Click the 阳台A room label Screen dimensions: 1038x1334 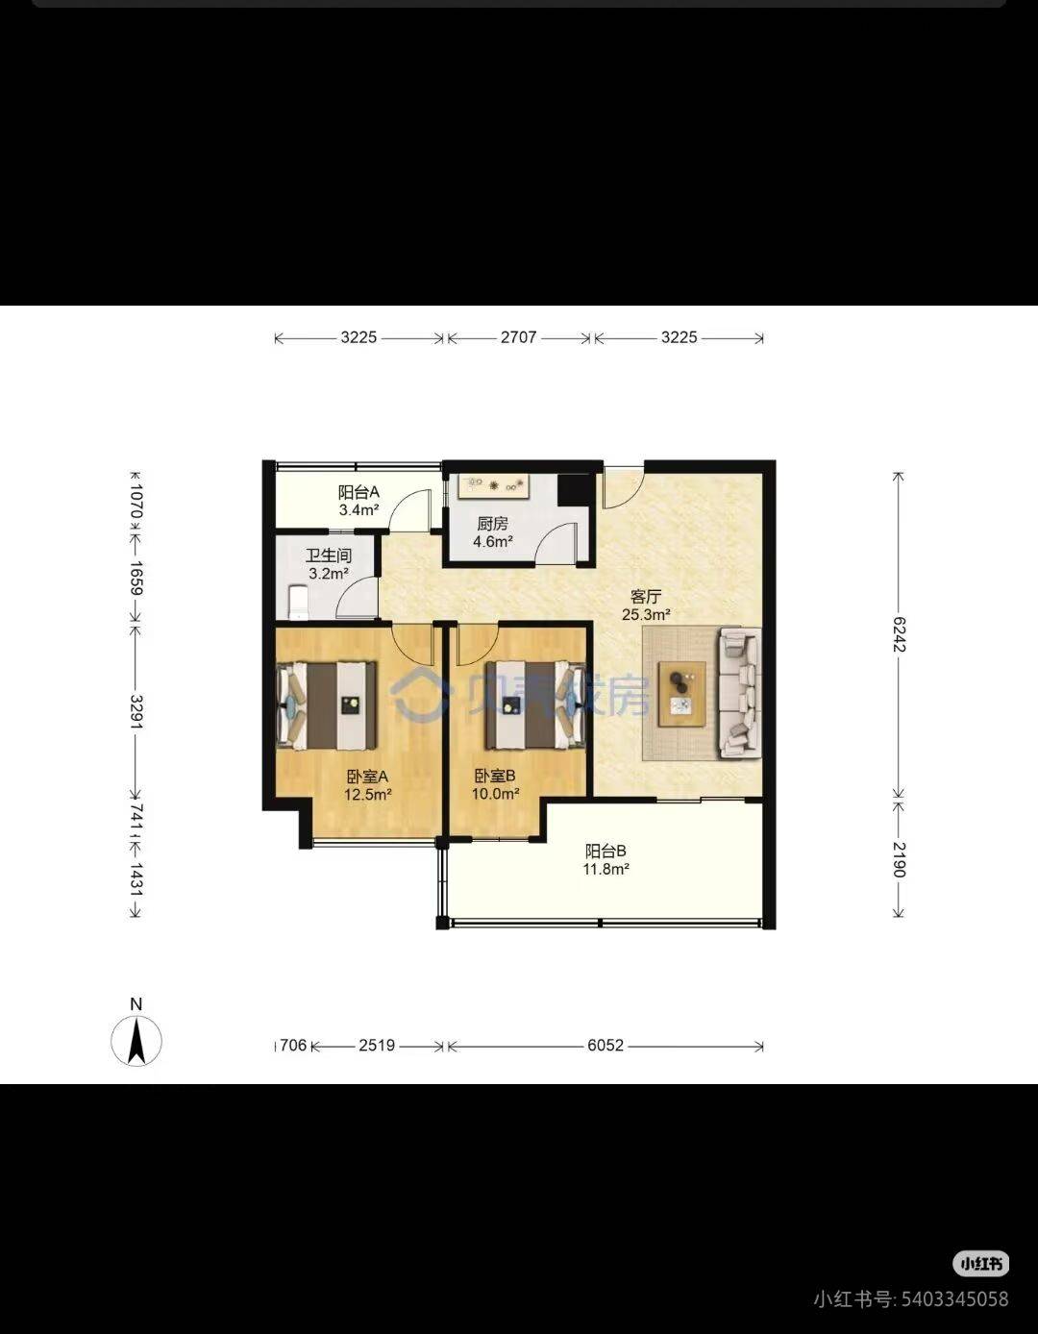(x=359, y=492)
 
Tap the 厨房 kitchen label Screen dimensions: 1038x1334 (x=492, y=524)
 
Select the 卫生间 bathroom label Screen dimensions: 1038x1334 (x=329, y=556)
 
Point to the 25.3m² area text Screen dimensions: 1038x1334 (x=646, y=614)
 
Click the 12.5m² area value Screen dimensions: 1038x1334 (x=368, y=795)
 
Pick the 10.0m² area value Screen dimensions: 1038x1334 (x=495, y=794)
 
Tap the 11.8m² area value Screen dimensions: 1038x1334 (x=605, y=869)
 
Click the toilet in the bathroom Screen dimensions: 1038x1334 (x=298, y=603)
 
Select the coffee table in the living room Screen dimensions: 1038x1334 (x=681, y=694)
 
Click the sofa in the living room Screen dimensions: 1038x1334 (x=740, y=693)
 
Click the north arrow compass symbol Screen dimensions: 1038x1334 (x=136, y=1041)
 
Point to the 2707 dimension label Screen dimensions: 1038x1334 (x=519, y=337)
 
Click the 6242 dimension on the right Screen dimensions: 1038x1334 (x=899, y=634)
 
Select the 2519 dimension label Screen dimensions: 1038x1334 (x=377, y=1045)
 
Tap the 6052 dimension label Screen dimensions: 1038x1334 (x=605, y=1045)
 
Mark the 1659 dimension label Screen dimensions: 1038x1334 (x=136, y=579)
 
